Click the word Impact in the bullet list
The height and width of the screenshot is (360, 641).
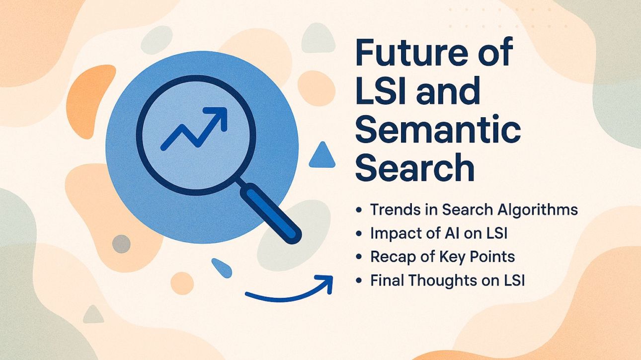(x=394, y=233)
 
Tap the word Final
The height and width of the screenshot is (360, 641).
(x=387, y=281)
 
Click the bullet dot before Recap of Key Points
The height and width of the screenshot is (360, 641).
(x=359, y=257)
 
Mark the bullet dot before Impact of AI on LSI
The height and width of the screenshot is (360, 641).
(x=359, y=233)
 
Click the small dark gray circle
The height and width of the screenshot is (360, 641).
(x=121, y=244)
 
